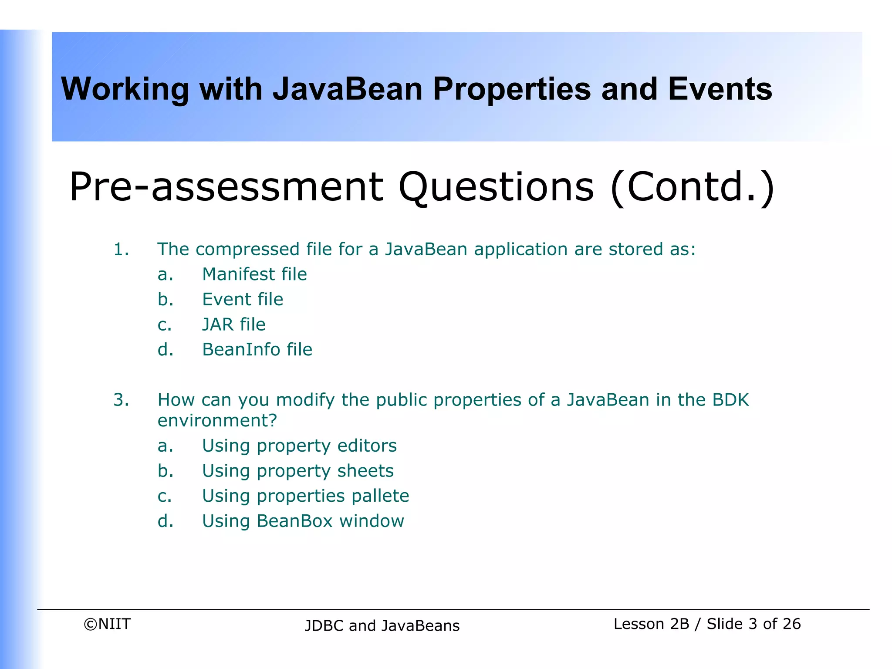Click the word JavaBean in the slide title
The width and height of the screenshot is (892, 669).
tap(348, 89)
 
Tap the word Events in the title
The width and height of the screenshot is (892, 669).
tap(720, 89)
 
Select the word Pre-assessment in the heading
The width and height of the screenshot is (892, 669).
tap(226, 187)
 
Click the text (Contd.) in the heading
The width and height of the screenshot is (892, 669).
tap(693, 187)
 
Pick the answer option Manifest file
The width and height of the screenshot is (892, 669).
tap(254, 274)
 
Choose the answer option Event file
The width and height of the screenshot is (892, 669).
tap(243, 300)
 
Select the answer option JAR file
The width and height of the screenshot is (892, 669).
tap(233, 325)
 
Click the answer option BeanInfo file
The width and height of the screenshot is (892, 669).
tap(257, 350)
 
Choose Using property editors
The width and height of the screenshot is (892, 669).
tap(299, 446)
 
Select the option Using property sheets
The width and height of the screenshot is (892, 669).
tap(297, 471)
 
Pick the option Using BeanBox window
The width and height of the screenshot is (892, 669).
tap(303, 521)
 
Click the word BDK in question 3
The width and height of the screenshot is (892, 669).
tap(730, 400)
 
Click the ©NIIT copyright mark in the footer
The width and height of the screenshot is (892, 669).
tap(107, 624)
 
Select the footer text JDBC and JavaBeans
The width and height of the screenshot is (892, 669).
tap(382, 626)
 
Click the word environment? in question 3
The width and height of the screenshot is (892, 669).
tap(217, 421)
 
